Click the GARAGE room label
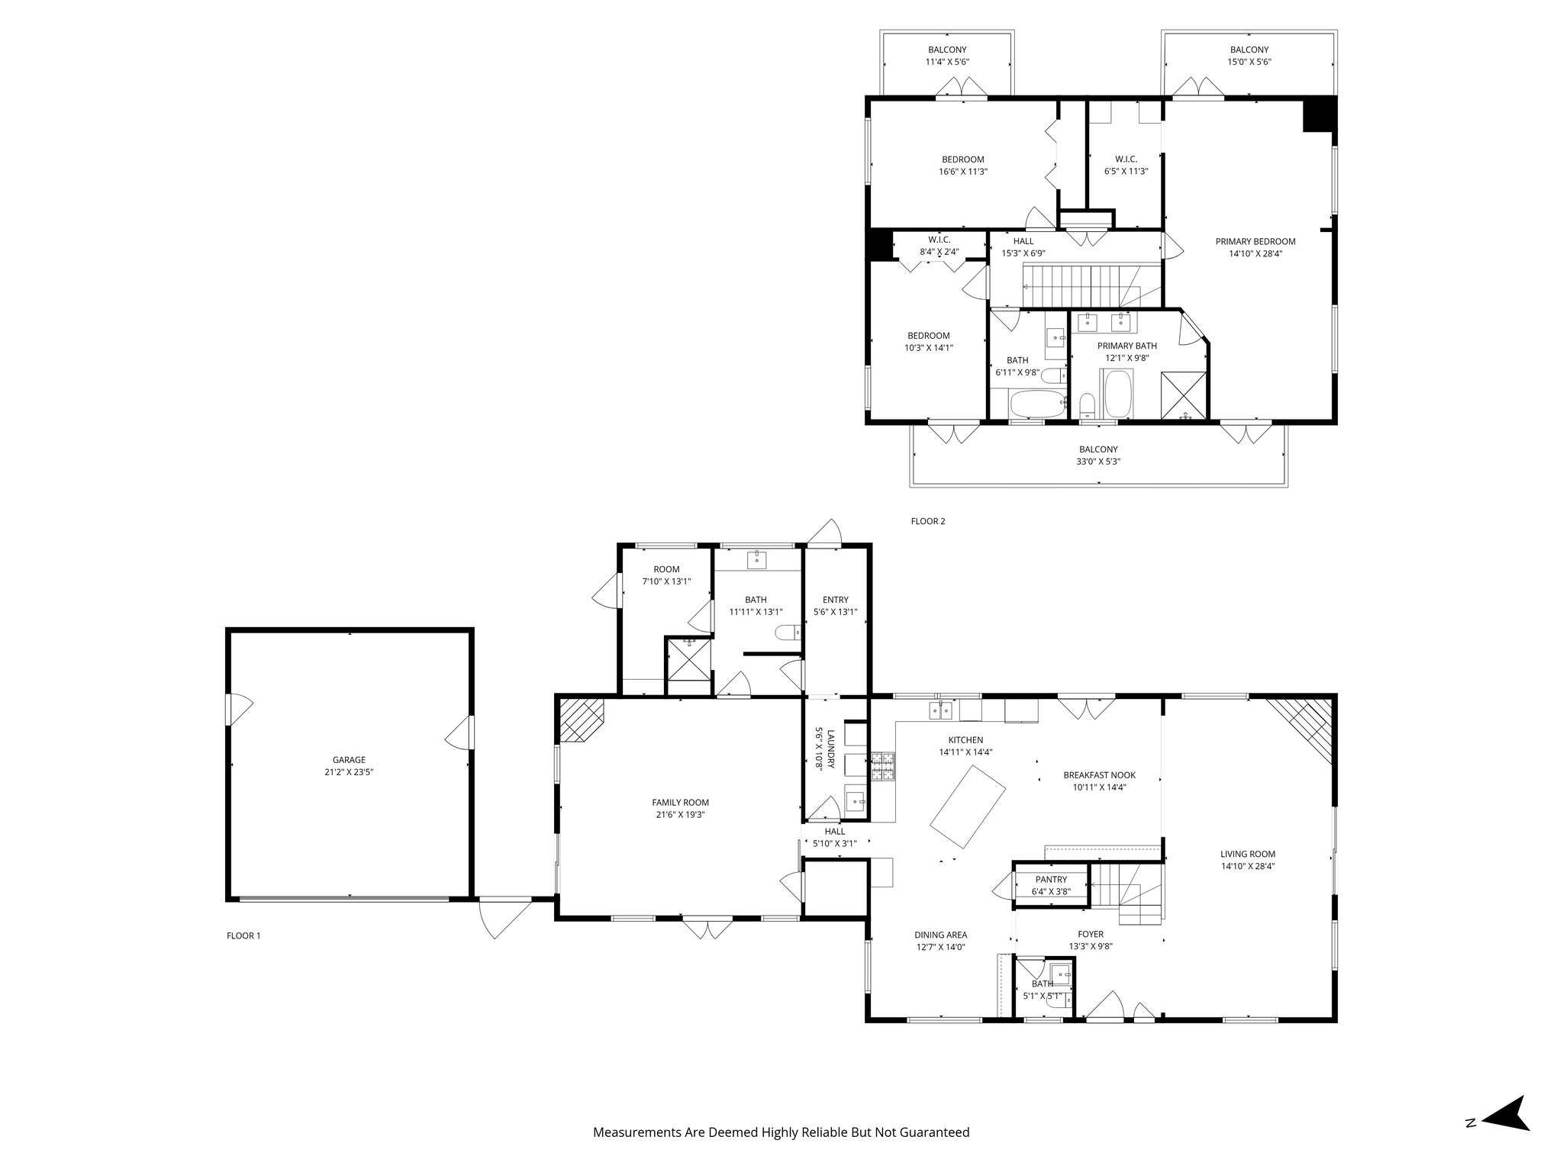pos(349,760)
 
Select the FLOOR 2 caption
pos(927,521)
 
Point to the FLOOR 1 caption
pos(243,935)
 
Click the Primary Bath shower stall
pos(1184,396)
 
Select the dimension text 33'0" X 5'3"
pos(1098,462)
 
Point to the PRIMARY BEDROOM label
pos(1255,242)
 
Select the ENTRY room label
pos(835,600)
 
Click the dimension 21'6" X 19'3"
pos(680,814)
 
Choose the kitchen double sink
pos(940,711)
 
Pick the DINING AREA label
pos(941,935)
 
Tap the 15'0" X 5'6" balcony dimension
pos(1249,62)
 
